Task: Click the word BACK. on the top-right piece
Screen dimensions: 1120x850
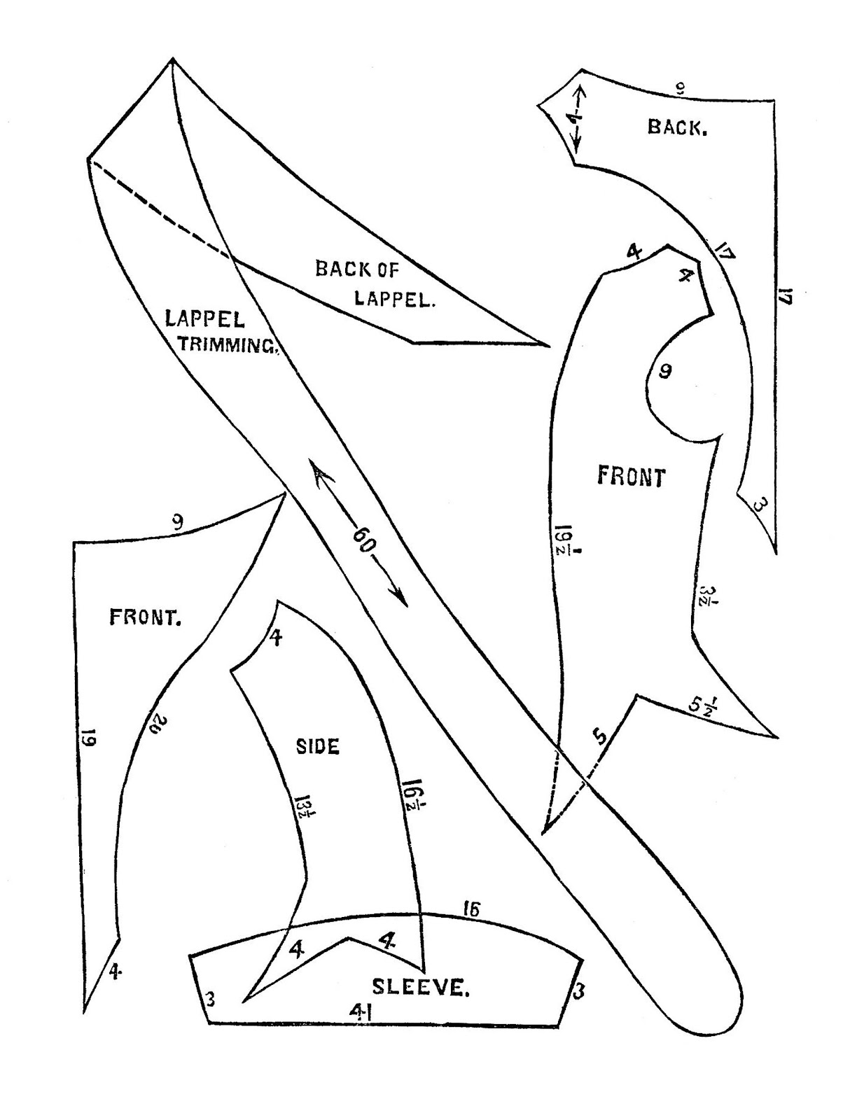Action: click(676, 127)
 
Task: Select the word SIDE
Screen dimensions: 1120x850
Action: click(318, 746)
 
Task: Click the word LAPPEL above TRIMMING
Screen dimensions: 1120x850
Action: click(204, 319)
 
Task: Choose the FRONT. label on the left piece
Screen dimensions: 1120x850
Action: click(146, 617)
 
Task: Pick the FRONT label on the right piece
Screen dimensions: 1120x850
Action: click(631, 477)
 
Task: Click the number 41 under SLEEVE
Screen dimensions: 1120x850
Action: click(361, 1010)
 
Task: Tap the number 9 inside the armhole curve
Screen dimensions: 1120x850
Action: click(664, 370)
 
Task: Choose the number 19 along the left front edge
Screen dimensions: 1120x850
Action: click(89, 738)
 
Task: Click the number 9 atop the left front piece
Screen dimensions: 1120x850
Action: click(177, 521)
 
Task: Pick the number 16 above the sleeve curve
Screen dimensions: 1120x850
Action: click(471, 909)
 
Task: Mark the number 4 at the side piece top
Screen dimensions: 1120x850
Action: click(276, 638)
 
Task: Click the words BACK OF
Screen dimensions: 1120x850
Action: click(357, 269)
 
